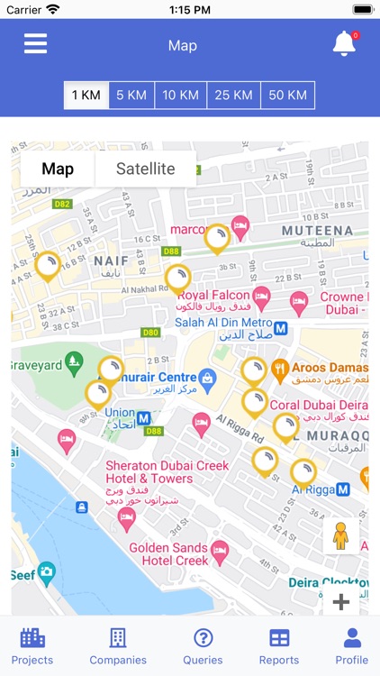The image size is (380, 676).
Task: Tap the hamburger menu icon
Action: [x=35, y=44]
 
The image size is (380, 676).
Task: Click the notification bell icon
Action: [x=344, y=43]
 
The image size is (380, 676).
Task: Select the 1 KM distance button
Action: [x=86, y=96]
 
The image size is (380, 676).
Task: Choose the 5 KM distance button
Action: [x=131, y=96]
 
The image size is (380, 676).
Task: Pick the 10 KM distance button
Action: [x=180, y=96]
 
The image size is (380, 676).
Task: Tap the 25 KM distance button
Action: [x=233, y=96]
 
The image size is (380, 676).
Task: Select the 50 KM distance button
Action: [x=288, y=96]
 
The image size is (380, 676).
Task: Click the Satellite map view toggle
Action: [x=146, y=169]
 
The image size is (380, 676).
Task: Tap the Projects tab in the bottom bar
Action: [x=32, y=645]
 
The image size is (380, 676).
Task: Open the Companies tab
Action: [x=118, y=645]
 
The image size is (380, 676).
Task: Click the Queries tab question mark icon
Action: [x=204, y=638]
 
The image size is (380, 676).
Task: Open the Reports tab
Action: [x=279, y=645]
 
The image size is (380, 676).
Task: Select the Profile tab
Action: [x=352, y=645]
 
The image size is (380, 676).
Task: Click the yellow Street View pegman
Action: [x=339, y=538]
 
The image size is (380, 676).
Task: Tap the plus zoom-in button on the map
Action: [x=341, y=602]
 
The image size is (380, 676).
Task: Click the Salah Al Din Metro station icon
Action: [x=281, y=328]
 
